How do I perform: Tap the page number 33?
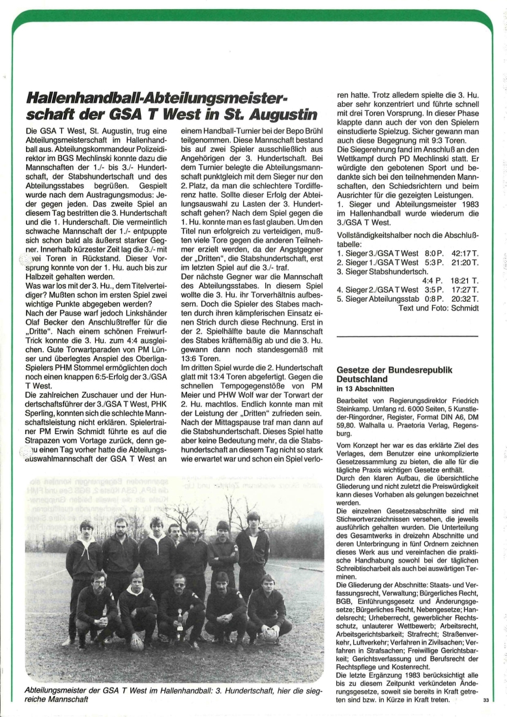click(486, 700)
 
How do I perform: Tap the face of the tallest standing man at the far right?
click(252, 521)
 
